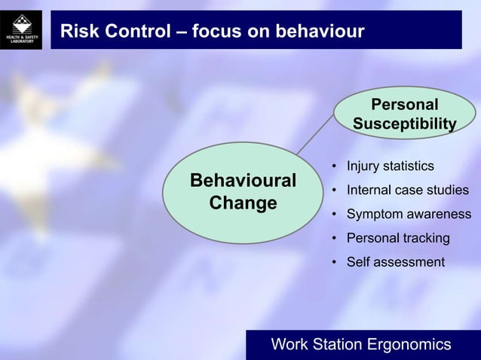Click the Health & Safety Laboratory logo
pyautogui.click(x=25, y=30)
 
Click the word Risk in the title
pyautogui.click(x=78, y=32)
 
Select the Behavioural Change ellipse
pyautogui.click(x=243, y=193)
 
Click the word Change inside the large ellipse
pyautogui.click(x=243, y=203)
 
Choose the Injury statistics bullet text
pyautogui.click(x=390, y=166)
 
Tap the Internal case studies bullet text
pyautogui.click(x=407, y=190)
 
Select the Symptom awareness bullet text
pyautogui.click(x=409, y=215)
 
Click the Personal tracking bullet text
pyautogui.click(x=397, y=239)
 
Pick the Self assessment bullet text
pyautogui.click(x=395, y=262)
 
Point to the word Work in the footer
pyautogui.click(x=290, y=345)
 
